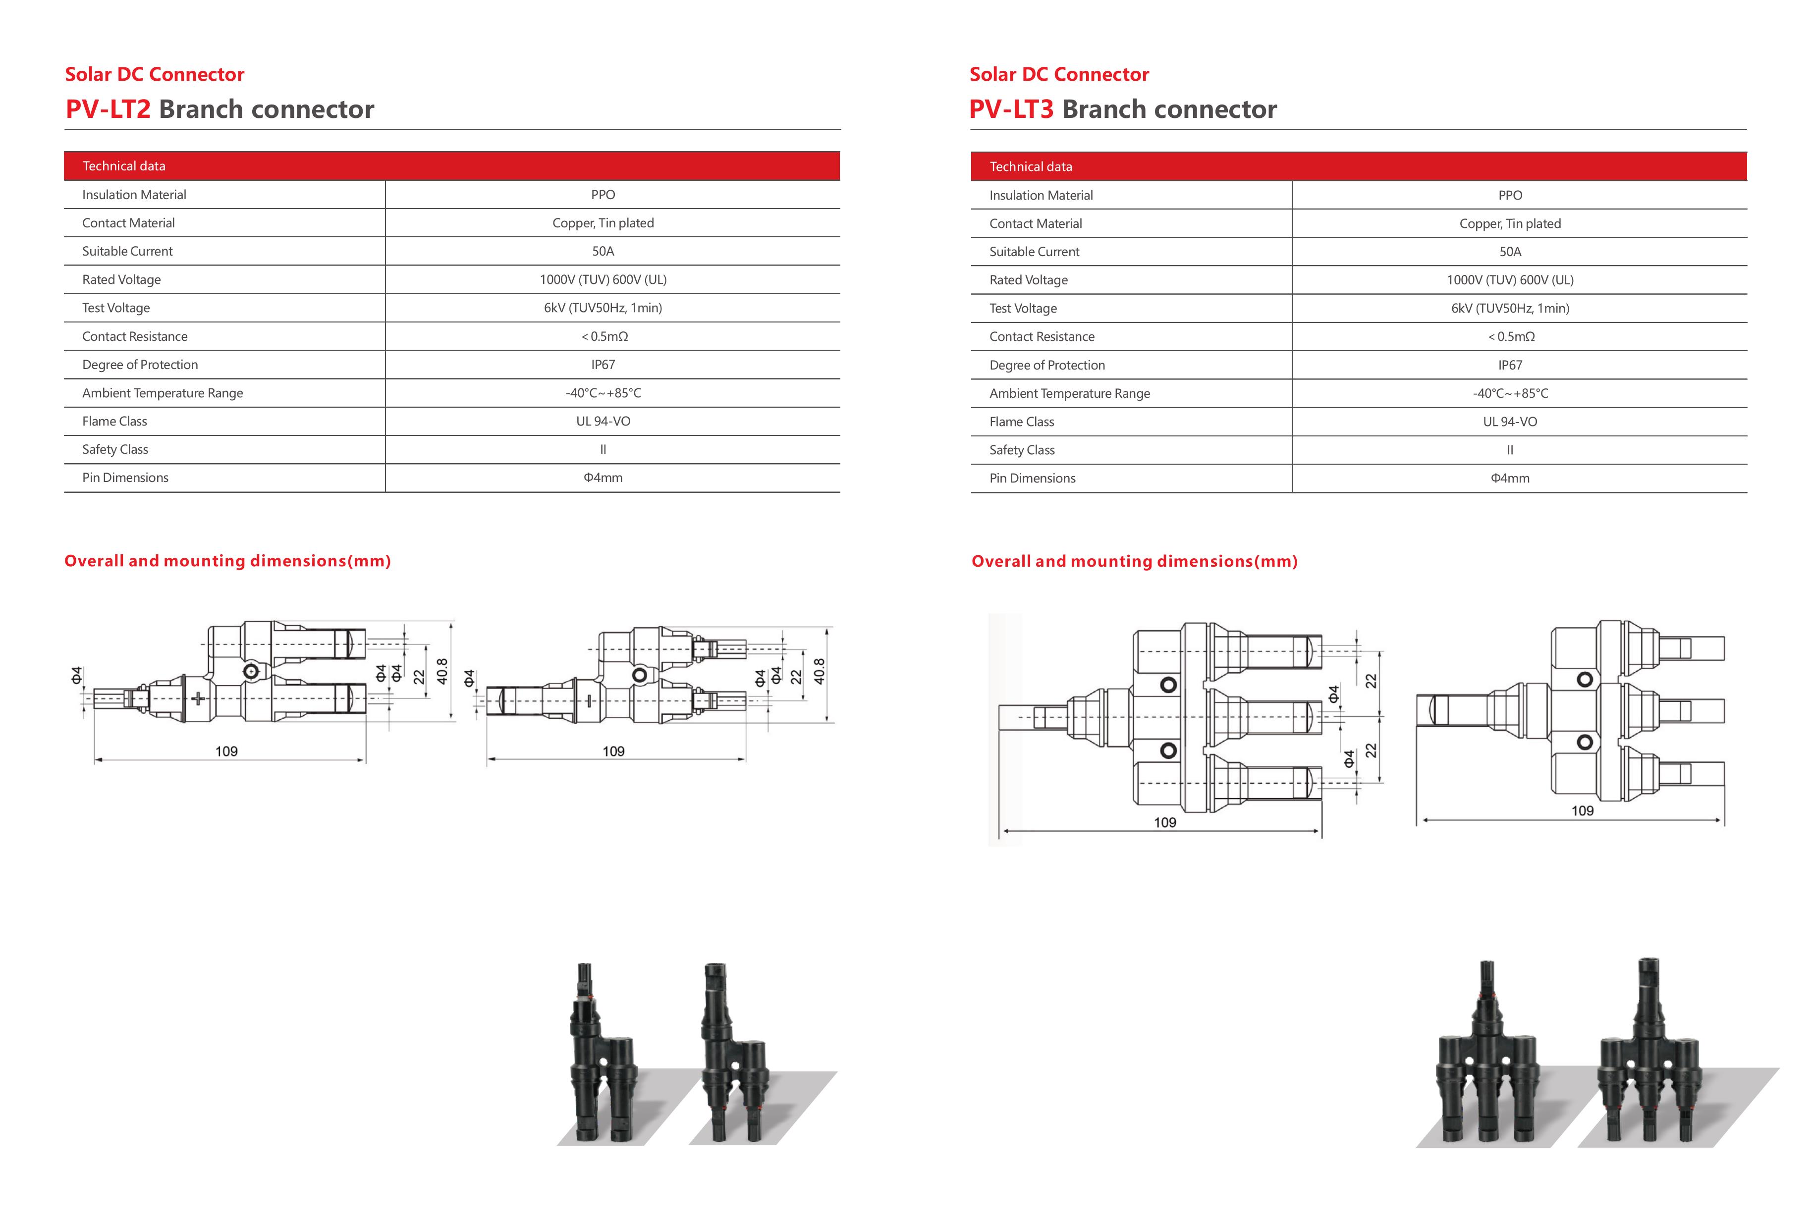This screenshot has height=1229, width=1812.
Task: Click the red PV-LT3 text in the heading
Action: click(x=1011, y=109)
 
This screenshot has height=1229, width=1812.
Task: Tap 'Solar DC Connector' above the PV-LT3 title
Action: click(x=1059, y=74)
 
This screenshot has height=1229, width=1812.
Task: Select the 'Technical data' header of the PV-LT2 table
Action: click(x=124, y=166)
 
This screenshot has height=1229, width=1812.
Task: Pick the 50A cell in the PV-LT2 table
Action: click(x=603, y=251)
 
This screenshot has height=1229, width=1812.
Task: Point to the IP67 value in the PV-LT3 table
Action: click(x=1509, y=365)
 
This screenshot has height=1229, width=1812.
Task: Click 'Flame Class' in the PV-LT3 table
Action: click(x=1021, y=422)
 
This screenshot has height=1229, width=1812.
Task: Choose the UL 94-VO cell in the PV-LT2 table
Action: click(x=603, y=421)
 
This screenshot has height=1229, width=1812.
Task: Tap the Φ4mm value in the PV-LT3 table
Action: click(x=1509, y=478)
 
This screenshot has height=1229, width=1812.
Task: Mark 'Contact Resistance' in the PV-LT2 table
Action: click(x=135, y=336)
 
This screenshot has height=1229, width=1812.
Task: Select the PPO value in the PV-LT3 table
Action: click(x=1509, y=195)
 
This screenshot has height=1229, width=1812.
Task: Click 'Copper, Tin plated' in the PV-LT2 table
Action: click(x=603, y=223)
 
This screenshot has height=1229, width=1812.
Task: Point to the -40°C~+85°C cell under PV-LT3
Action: click(x=1509, y=393)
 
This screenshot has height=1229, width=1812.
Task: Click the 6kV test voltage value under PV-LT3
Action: click(x=1509, y=308)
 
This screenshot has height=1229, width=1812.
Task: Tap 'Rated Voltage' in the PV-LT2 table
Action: click(x=121, y=279)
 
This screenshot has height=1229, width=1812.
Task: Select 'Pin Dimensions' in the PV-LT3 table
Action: click(x=1032, y=478)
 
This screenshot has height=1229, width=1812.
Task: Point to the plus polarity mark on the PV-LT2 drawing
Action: click(x=198, y=699)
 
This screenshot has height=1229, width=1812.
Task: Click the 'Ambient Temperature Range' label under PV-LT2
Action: click(x=162, y=393)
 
